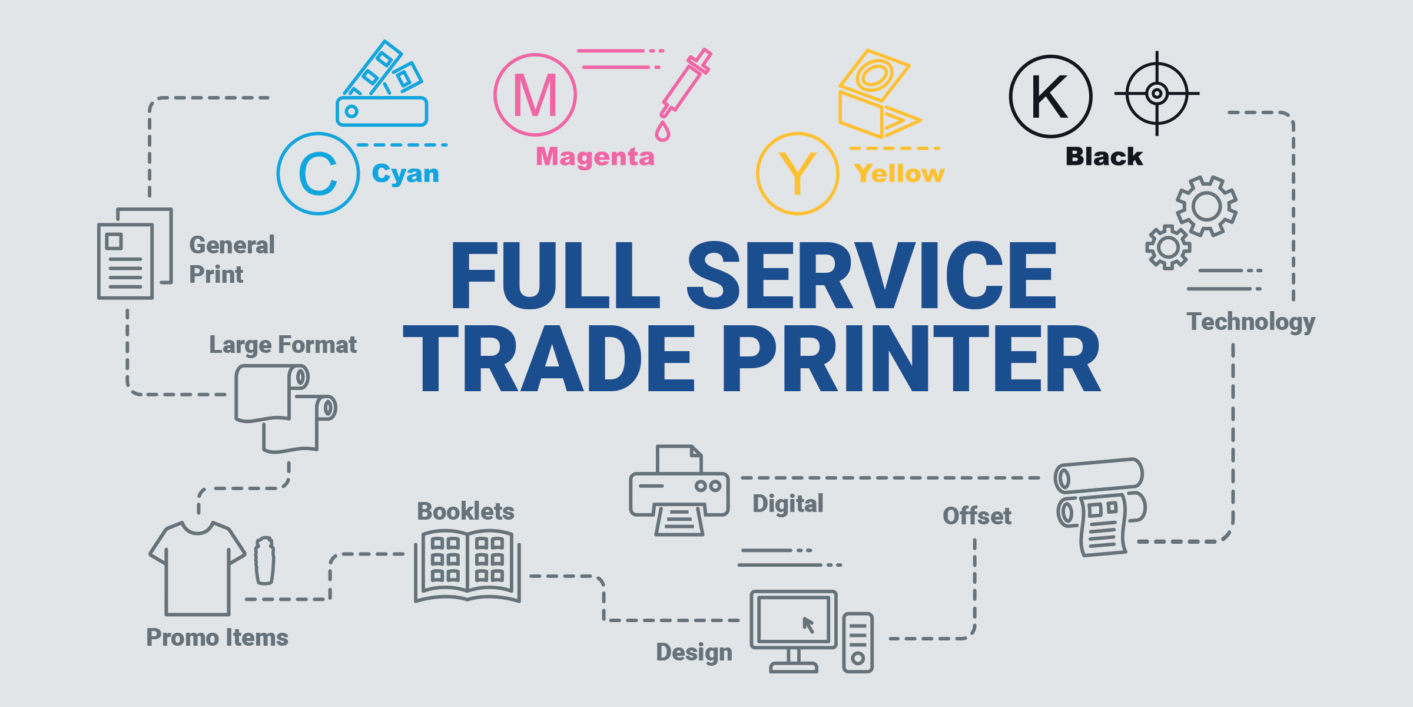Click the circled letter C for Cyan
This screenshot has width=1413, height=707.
point(319,174)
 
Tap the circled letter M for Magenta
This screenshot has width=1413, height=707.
point(535,95)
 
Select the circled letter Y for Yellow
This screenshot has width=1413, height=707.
point(798,173)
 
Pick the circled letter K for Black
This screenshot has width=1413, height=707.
point(1051,97)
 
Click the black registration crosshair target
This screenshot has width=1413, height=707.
point(1157,93)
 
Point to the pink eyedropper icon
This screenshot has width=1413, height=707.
point(684,94)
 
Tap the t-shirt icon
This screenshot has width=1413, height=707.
point(198,567)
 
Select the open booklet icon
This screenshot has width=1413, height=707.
point(467,566)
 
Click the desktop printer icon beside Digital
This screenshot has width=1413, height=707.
point(679,490)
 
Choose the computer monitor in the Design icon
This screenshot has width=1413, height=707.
point(794,631)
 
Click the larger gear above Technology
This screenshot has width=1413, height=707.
point(1207,206)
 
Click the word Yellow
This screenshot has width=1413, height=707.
point(899,173)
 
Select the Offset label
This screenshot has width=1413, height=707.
point(977,516)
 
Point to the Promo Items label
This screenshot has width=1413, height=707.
point(217,637)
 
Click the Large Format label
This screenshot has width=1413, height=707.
point(283,345)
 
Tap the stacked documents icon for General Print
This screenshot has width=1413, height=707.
point(135,253)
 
